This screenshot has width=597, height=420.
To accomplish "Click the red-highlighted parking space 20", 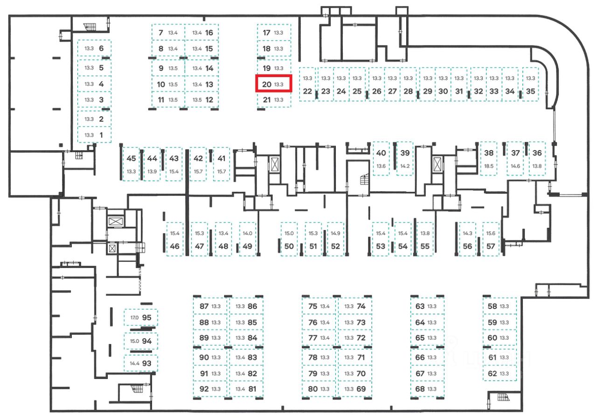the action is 274,84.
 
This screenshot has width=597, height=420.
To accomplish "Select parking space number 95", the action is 141,317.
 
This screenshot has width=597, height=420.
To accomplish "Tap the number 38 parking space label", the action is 489,153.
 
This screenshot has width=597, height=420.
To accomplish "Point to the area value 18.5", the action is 489,166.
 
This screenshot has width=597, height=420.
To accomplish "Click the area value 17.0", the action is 134,318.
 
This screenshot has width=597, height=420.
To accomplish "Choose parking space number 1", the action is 94,135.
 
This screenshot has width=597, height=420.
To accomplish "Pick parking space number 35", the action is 530,85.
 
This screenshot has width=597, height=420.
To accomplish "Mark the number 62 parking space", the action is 500,373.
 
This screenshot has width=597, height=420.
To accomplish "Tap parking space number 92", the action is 210,389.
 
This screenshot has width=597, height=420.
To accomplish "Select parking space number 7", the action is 168,33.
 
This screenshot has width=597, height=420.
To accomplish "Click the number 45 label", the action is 131,159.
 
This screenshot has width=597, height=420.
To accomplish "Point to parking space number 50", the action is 289,239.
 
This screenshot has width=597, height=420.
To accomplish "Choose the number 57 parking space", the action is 491,239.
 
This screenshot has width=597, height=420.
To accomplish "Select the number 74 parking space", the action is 355,307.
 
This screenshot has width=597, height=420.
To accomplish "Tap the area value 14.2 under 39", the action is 405,166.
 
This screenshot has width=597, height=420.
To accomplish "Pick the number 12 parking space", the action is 201,99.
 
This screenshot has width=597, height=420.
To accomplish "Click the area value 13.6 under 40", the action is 381,166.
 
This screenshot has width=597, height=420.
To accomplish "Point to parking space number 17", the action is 274,33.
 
